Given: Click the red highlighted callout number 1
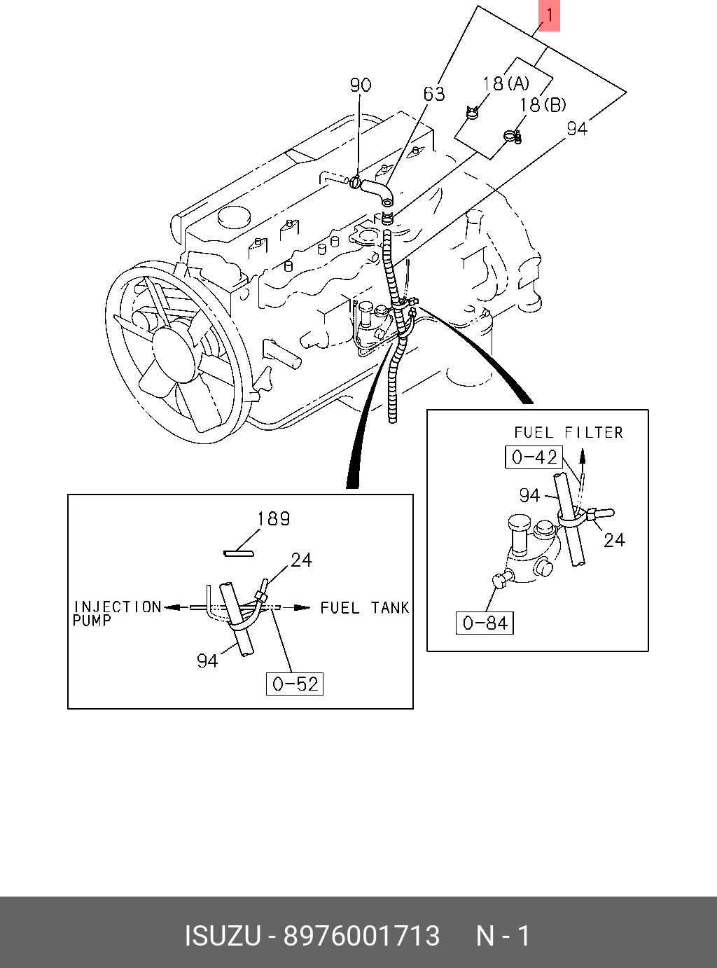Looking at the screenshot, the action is (x=549, y=15).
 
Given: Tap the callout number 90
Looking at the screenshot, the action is (x=361, y=85).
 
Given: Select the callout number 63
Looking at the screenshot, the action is (x=434, y=94).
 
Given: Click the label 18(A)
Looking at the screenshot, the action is (x=506, y=83).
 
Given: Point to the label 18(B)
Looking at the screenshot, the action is (x=543, y=105).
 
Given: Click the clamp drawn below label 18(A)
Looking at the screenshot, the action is (x=472, y=112).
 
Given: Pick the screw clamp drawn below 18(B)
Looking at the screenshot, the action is (x=513, y=137).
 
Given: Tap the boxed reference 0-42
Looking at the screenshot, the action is (x=534, y=457).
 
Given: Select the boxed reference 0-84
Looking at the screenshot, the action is (x=485, y=623).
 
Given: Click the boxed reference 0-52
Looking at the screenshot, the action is (x=295, y=684).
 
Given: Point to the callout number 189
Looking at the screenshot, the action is (x=273, y=518).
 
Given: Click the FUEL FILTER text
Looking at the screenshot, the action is (x=569, y=432).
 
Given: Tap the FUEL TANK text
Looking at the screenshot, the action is (x=365, y=608).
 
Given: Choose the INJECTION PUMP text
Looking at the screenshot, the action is (x=116, y=613).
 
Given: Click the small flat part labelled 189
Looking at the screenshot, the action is (x=238, y=553).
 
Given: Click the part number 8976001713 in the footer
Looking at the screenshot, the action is (x=361, y=936).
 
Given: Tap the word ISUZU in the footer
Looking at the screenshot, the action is (x=223, y=936).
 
